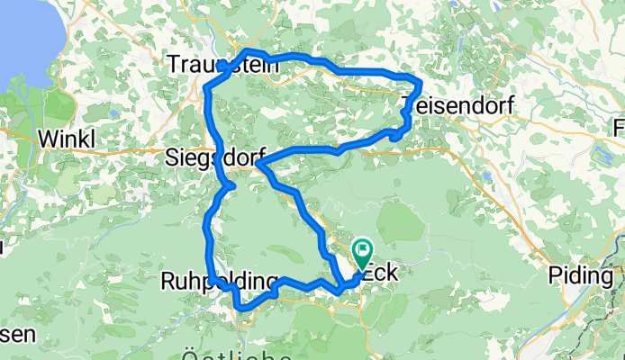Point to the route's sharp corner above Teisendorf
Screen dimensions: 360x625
click(x=420, y=84)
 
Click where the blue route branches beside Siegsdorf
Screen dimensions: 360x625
click(x=259, y=164)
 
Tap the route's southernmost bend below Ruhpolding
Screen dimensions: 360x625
click(x=241, y=310)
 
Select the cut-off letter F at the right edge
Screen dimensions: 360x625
click(x=620, y=124)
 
